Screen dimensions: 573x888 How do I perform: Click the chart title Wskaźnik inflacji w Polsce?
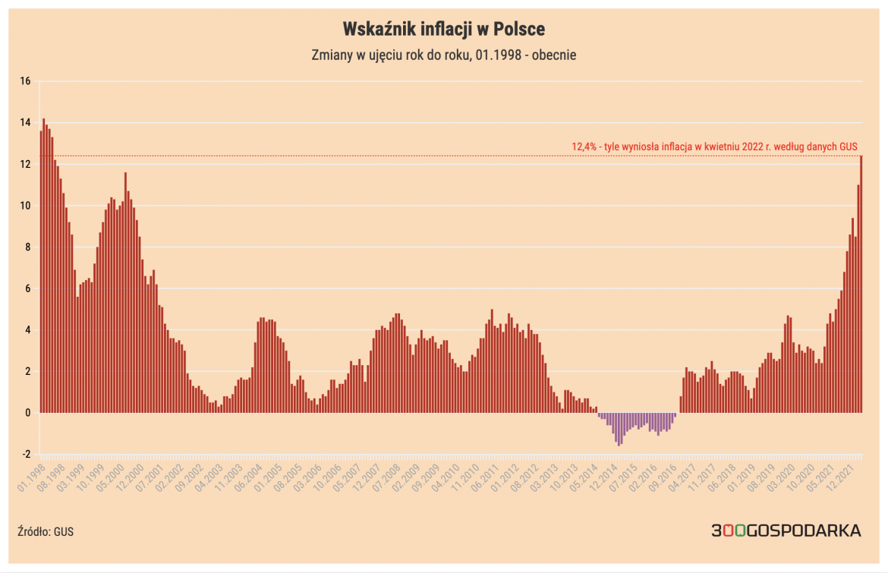point(444,29)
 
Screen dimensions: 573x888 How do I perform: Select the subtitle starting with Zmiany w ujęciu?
point(444,55)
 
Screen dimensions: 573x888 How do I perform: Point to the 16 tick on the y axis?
point(25,81)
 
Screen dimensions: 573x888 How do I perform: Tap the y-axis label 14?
point(25,123)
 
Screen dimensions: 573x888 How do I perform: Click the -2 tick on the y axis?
point(25,455)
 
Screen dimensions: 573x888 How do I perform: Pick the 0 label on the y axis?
point(27,413)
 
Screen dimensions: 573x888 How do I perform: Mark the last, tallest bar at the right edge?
point(861,285)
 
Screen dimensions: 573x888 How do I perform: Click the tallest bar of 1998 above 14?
point(44,266)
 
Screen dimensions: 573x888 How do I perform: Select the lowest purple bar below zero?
point(619,429)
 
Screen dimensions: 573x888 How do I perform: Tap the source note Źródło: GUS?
point(46,531)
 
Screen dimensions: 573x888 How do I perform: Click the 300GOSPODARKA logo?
point(786,530)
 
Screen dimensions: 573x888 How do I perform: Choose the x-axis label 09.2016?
point(666,477)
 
